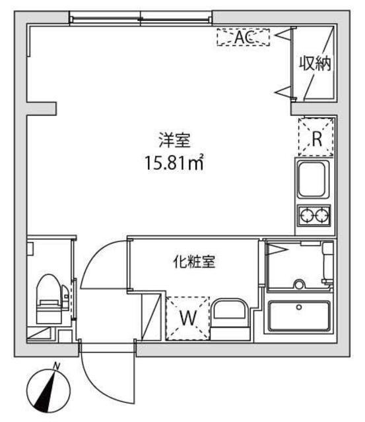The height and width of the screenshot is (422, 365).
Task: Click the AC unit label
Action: click(x=243, y=38)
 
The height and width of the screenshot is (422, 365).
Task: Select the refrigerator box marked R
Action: click(x=316, y=138)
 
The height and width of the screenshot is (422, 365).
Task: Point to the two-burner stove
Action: click(x=314, y=215)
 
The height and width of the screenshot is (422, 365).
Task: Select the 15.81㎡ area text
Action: click(x=174, y=161)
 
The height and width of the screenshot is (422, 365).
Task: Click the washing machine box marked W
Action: click(x=187, y=318)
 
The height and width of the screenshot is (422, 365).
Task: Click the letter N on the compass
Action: click(x=57, y=367)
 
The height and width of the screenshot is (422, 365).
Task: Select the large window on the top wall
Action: click(x=141, y=18)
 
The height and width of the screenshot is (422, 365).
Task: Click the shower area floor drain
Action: click(x=299, y=285)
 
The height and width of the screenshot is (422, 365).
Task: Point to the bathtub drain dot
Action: click(x=299, y=307)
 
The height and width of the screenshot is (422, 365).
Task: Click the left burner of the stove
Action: click(x=307, y=215)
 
